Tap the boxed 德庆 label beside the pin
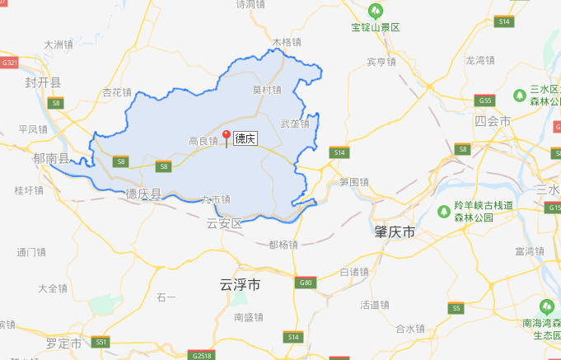tap(245, 138)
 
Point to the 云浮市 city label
tap(241, 285)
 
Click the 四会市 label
tap(493, 121)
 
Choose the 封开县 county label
tap(43, 82)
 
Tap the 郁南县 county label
tap(52, 158)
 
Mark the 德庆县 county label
tap(144, 194)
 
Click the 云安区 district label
tap(225, 223)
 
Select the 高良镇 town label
tap(203, 142)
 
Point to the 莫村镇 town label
tap(267, 90)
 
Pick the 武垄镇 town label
tap(294, 124)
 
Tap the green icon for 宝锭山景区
tap(376, 11)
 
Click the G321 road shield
tap(10, 63)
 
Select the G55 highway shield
tap(485, 101)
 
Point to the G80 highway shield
tap(306, 283)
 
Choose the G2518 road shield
tap(199, 356)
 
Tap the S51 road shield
tap(101, 341)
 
